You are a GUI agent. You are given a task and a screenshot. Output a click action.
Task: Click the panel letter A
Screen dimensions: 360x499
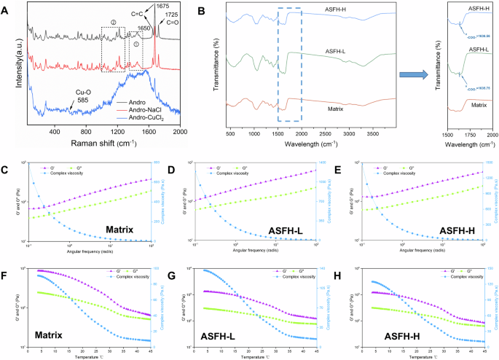(6, 7)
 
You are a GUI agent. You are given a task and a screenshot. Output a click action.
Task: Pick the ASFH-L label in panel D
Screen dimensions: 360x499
(289, 231)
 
